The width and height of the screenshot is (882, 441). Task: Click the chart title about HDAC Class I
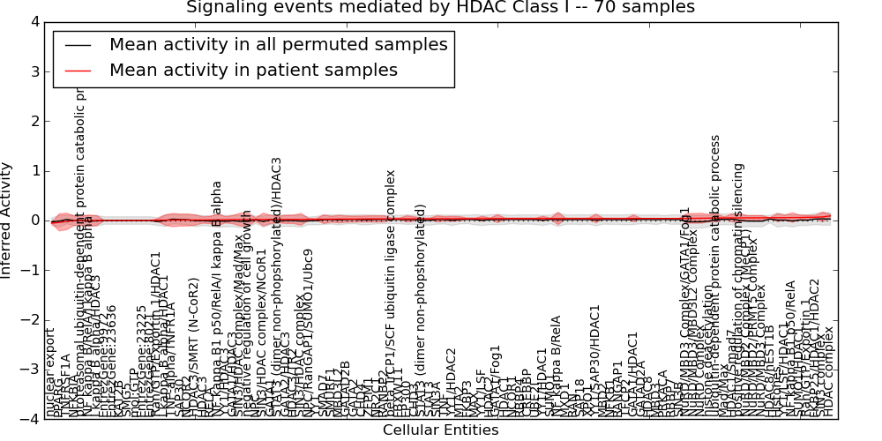[x=440, y=8]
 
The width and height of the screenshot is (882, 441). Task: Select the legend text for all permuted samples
[x=278, y=44]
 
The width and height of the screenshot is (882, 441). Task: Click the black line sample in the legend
[x=77, y=44]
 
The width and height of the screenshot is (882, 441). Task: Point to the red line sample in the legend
[x=77, y=70]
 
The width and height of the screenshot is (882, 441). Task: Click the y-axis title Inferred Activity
[x=8, y=220]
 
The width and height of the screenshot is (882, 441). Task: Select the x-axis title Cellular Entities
[x=440, y=430]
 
